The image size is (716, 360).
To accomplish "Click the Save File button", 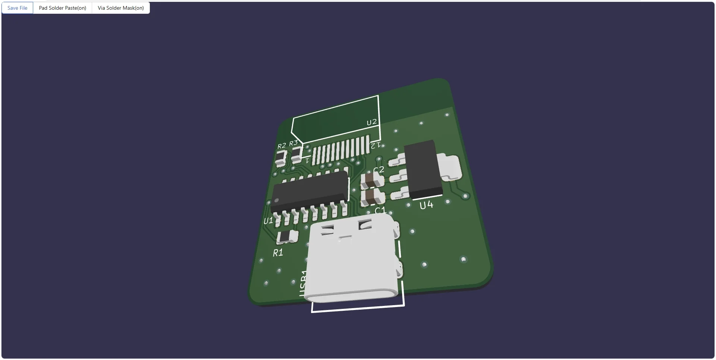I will tap(18, 8).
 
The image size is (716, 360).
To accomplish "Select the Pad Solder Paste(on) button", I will tap(63, 8).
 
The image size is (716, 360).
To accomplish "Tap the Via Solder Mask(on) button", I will tap(121, 8).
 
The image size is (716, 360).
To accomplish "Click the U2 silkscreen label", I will tap(371, 122).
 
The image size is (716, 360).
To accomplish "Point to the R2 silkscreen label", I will tap(282, 146).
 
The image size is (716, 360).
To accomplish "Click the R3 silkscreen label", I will tap(293, 143).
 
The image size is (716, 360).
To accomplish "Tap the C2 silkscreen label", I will tap(379, 170).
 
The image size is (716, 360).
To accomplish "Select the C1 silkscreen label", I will tap(380, 211).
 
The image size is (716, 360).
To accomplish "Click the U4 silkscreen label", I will tap(426, 205).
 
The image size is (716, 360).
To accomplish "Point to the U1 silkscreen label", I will tap(268, 221).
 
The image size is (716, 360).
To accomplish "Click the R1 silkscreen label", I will tap(278, 253).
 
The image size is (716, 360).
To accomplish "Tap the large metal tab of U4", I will tap(449, 167).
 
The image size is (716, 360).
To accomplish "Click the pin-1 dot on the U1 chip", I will tap(276, 201).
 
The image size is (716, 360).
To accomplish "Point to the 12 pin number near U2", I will tap(376, 145).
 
